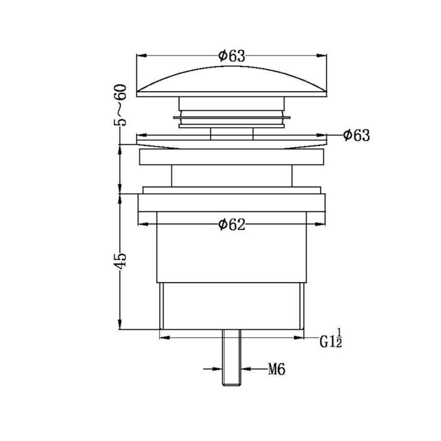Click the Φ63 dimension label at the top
coord(231,56)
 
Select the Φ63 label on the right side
coord(356,135)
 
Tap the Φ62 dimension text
coord(231,225)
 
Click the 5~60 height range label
coord(120,105)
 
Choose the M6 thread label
coord(276,369)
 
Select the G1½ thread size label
coord(331,338)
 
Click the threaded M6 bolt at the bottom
coord(231,357)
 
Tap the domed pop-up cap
coord(231,82)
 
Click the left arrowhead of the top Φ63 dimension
coord(141,56)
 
